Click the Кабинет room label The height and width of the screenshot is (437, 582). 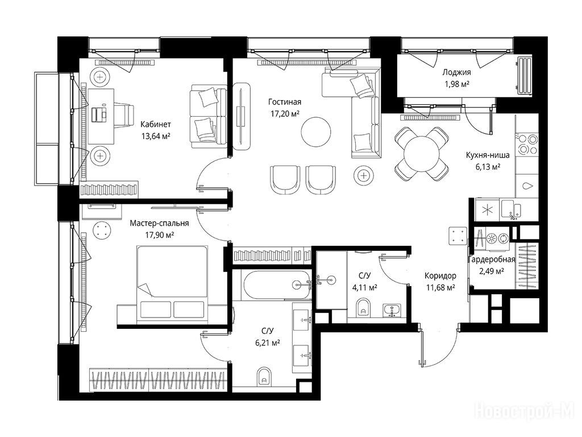(156, 125)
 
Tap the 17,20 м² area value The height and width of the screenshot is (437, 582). (285, 114)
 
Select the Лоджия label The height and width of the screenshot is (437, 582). (456, 72)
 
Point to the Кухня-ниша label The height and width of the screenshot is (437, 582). (488, 155)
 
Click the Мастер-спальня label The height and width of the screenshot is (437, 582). (159, 223)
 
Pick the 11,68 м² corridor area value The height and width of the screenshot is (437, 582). (440, 287)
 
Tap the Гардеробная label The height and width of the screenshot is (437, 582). (492, 259)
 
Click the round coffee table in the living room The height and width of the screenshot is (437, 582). (316, 133)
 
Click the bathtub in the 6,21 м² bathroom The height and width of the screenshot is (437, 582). (277, 285)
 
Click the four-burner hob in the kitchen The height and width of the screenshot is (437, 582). (527, 144)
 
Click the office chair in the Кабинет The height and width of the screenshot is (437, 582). (123, 115)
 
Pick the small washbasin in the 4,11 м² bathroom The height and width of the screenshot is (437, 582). (392, 310)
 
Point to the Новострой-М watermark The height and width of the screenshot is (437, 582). (523, 411)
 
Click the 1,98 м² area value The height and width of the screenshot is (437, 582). (457, 84)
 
